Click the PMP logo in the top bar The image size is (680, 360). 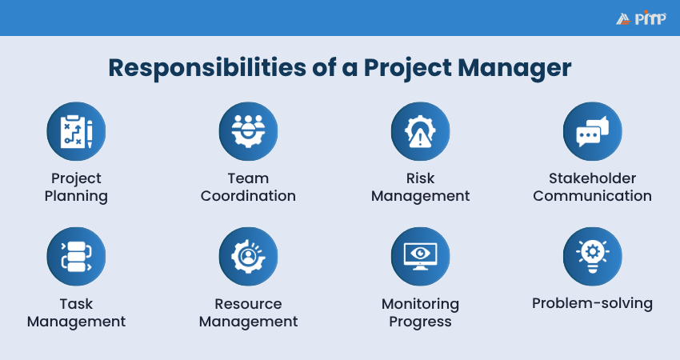pos(642,18)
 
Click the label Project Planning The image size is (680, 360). pos(76,187)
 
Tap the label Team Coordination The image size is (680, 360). pos(248,187)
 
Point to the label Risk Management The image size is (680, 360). pos(420,187)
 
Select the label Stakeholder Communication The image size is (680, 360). pos(592,187)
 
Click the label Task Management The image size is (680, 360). pos(76,313)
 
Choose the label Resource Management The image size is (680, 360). pos(248,313)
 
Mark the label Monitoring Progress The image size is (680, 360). pos(420,313)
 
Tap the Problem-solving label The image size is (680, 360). pos(592,304)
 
